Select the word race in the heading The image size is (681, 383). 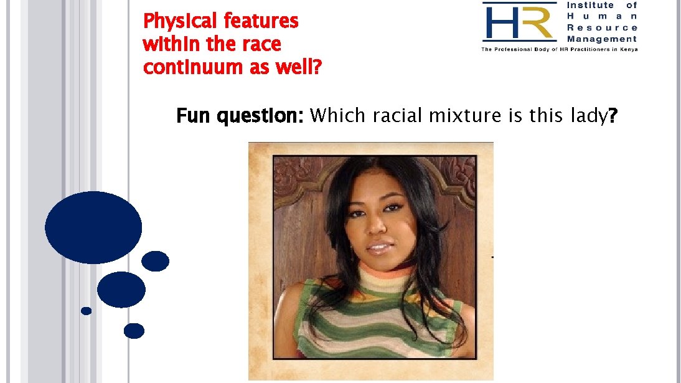tap(261, 44)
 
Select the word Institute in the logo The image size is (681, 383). tap(589, 5)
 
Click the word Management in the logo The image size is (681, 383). tap(602, 39)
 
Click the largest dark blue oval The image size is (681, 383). tap(93, 227)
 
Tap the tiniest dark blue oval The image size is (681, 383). tap(87, 310)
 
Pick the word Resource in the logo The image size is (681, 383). tap(602, 27)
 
